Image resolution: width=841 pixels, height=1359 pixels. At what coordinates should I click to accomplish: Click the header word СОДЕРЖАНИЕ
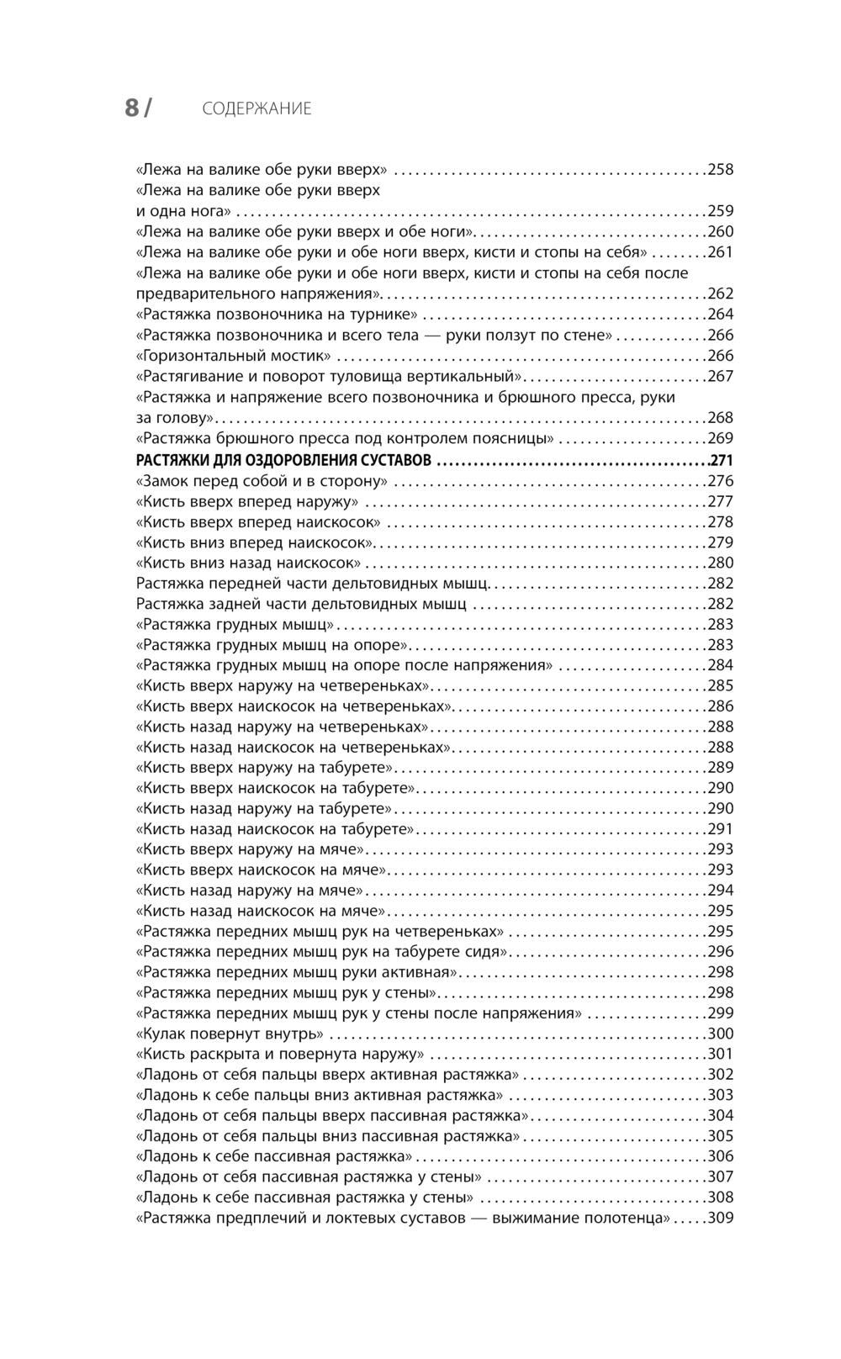[x=257, y=108]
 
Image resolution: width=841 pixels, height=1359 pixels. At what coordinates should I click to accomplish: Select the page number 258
[x=721, y=169]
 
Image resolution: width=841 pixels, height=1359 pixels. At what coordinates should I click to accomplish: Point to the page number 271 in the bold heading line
[x=722, y=460]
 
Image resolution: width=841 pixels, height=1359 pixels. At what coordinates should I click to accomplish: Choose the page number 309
[x=721, y=1218]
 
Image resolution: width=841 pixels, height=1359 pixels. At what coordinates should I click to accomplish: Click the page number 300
[x=721, y=1034]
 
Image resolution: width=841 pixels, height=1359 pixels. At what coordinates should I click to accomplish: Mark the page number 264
[x=721, y=315]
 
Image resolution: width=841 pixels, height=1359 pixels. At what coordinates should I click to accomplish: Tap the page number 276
[x=721, y=481]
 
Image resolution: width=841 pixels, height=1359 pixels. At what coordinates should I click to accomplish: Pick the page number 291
[x=721, y=829]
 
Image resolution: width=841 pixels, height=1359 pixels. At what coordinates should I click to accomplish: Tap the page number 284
[x=721, y=665]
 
